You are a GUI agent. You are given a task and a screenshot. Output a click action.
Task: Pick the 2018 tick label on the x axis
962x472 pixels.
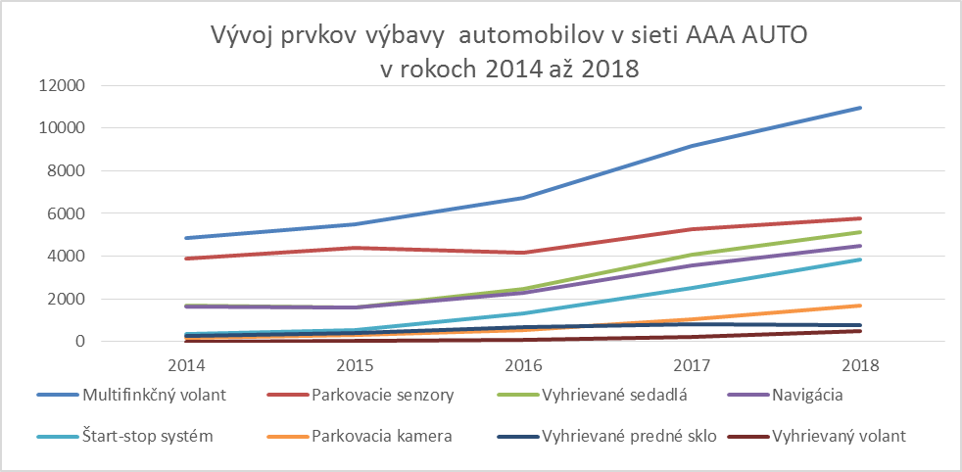pyautogui.click(x=860, y=364)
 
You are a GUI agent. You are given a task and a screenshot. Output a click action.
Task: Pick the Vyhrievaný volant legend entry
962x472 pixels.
pyautogui.click(x=838, y=435)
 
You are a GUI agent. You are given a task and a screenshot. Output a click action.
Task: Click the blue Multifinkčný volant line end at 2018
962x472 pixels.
pyautogui.click(x=860, y=108)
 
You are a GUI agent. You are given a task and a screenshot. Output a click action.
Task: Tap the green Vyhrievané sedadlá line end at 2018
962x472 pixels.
pyautogui.click(x=860, y=232)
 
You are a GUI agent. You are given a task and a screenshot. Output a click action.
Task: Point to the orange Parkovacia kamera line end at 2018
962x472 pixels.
pyautogui.click(x=860, y=306)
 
